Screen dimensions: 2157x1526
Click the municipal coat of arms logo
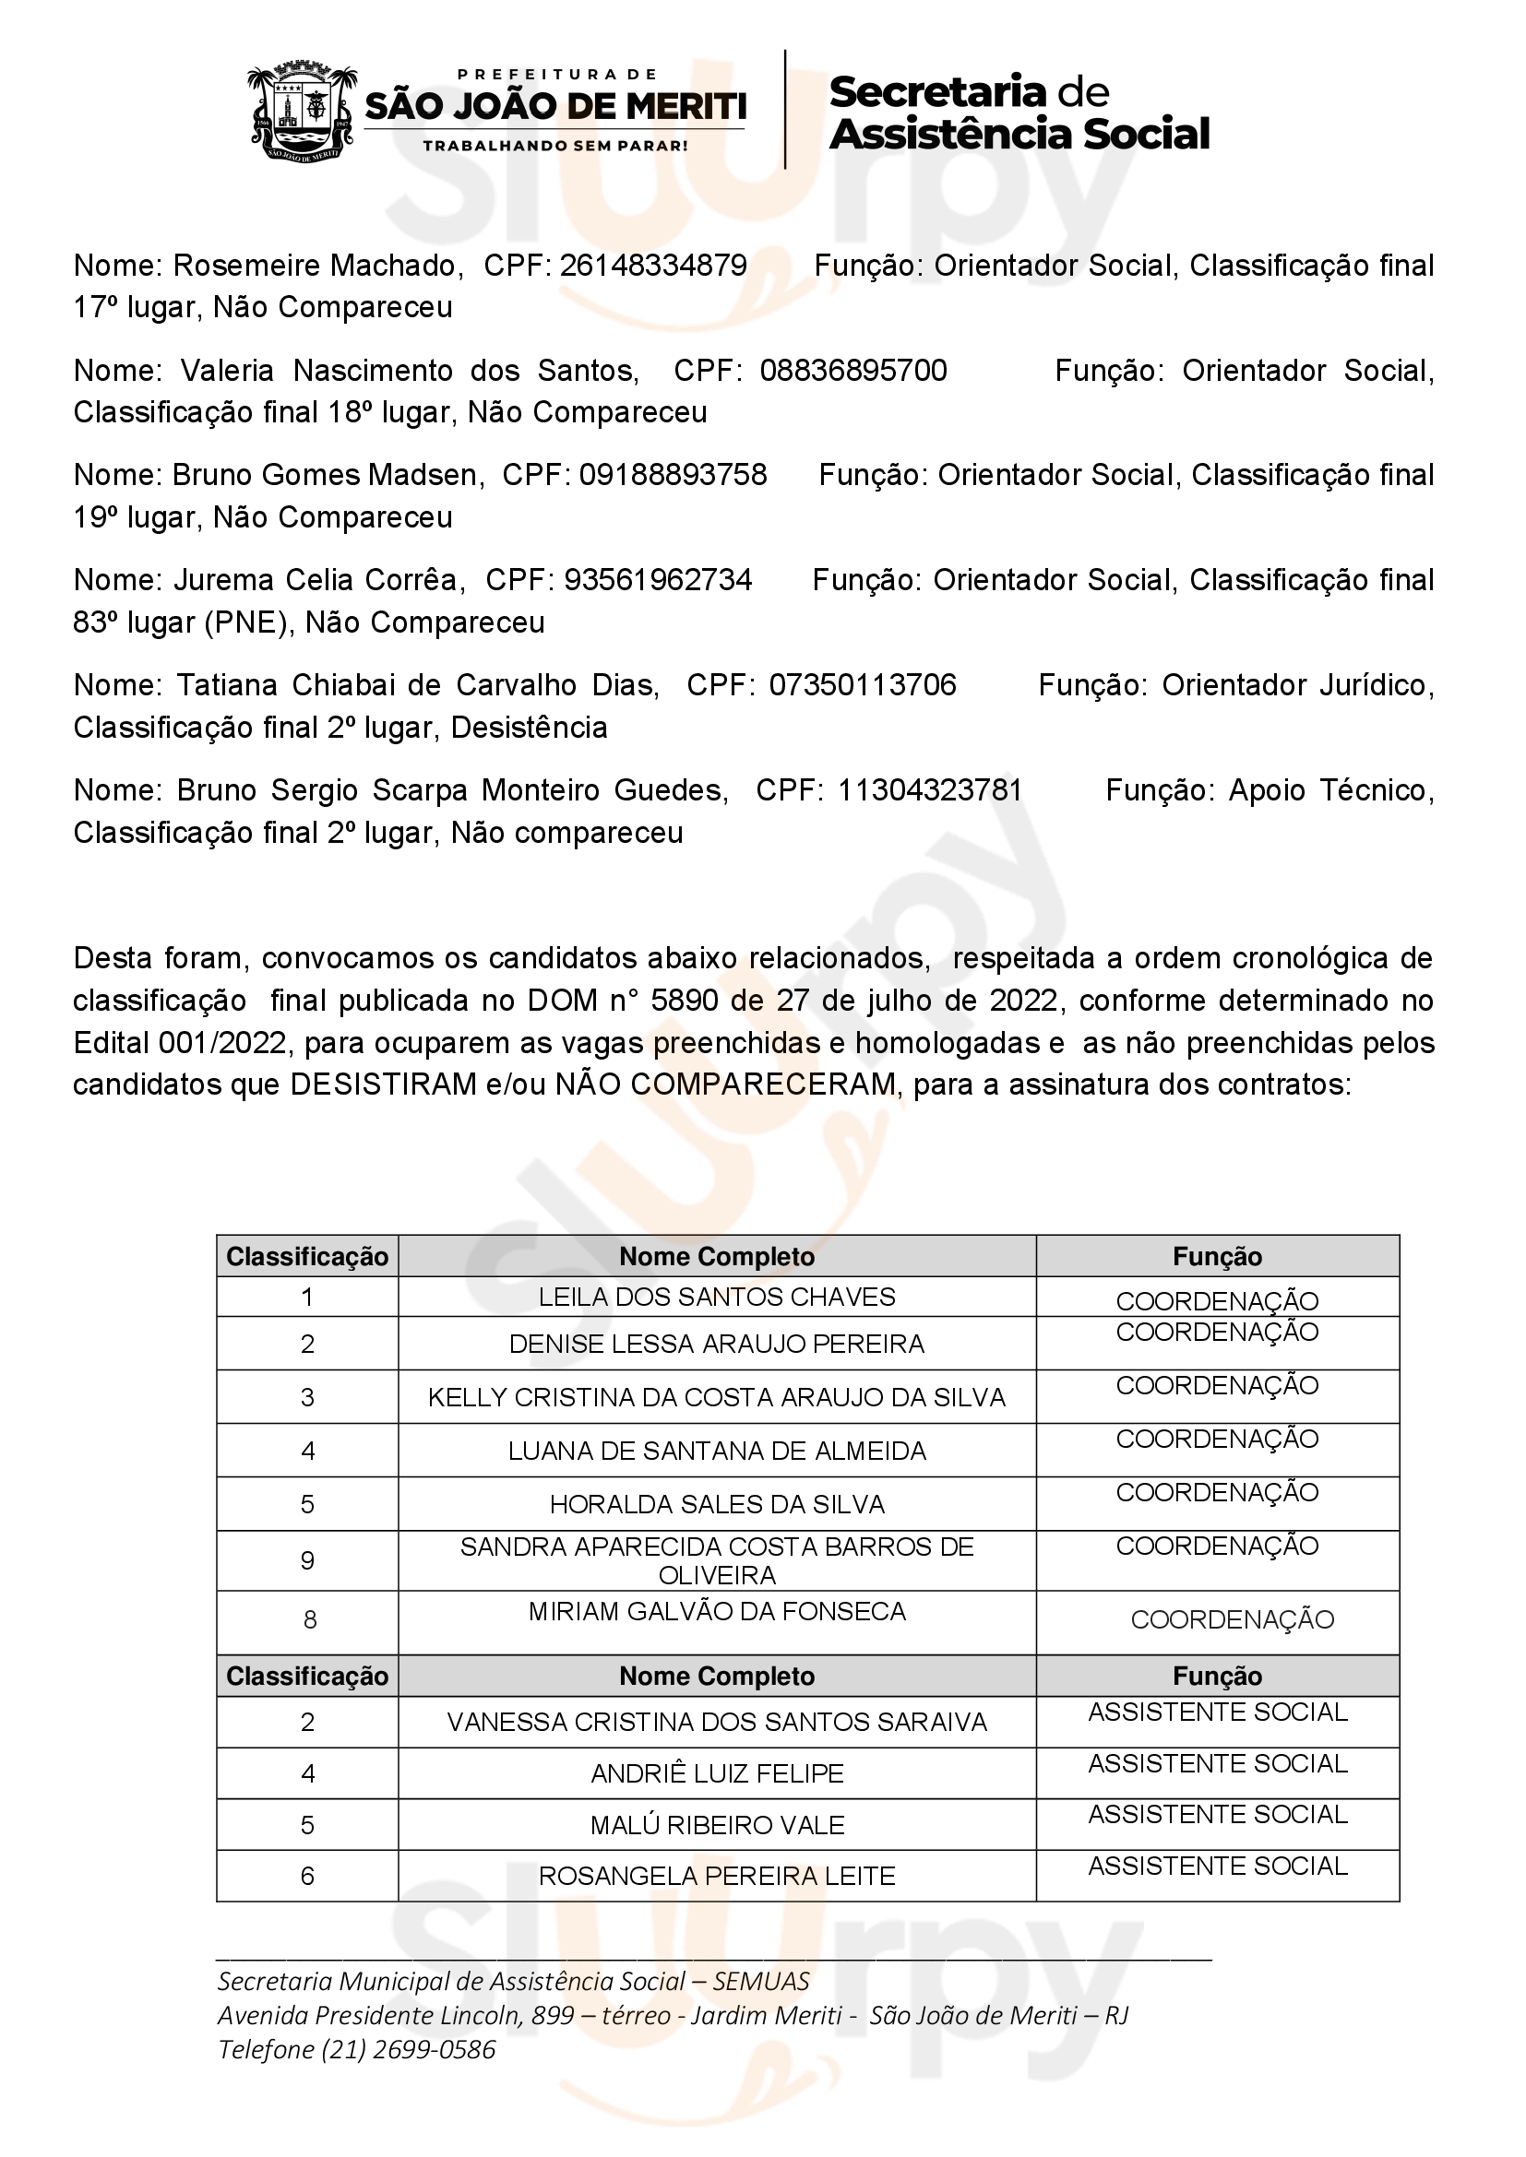(303, 112)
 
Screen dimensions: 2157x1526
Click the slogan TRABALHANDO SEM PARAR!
(554, 146)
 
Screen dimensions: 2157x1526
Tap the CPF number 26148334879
(653, 266)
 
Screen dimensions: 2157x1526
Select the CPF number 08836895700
(853, 370)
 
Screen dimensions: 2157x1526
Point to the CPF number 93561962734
(658, 580)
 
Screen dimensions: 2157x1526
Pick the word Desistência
(529, 727)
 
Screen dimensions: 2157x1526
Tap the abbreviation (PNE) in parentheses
(246, 622)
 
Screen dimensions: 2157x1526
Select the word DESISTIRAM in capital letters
(384, 1084)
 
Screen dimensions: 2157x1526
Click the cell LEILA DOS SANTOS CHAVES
(717, 1297)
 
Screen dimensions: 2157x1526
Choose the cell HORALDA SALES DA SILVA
(717, 1504)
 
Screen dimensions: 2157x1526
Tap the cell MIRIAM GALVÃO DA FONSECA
(717, 1611)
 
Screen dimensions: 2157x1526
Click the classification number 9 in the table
(307, 1560)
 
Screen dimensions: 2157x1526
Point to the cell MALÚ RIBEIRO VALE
(717, 1824)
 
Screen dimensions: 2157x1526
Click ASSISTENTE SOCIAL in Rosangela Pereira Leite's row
(1218, 1866)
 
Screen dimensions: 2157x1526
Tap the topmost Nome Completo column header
(717, 1256)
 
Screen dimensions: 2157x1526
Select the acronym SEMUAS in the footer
(761, 1981)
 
